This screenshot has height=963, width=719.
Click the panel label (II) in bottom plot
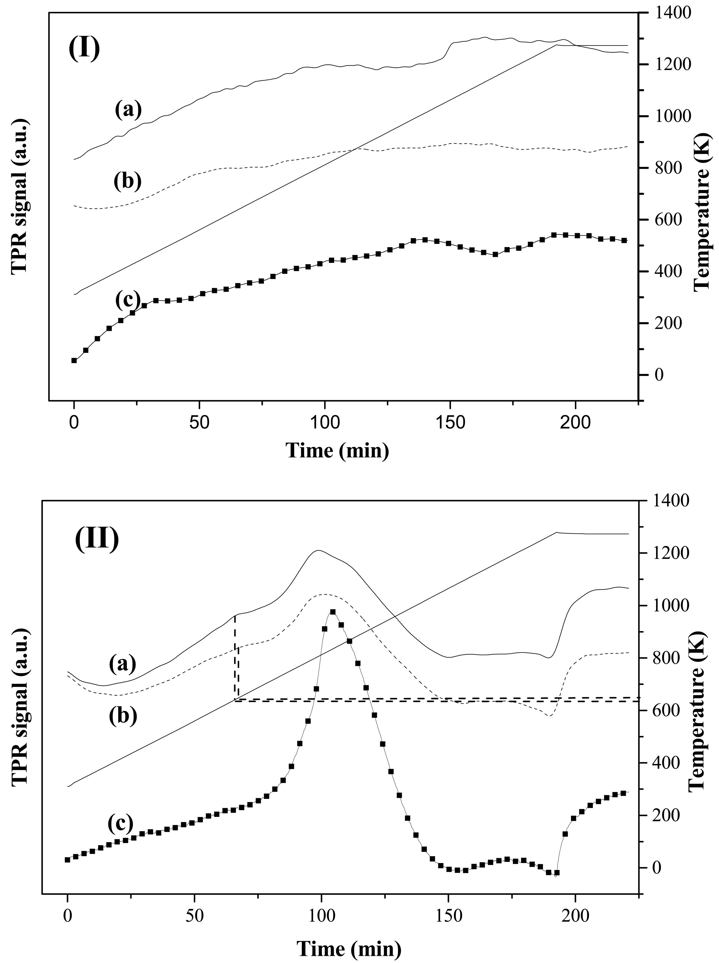(x=97, y=539)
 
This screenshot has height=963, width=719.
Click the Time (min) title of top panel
(x=338, y=451)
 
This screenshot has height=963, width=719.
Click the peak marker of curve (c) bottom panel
(x=333, y=612)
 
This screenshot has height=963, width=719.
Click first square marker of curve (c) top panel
(x=74, y=360)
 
